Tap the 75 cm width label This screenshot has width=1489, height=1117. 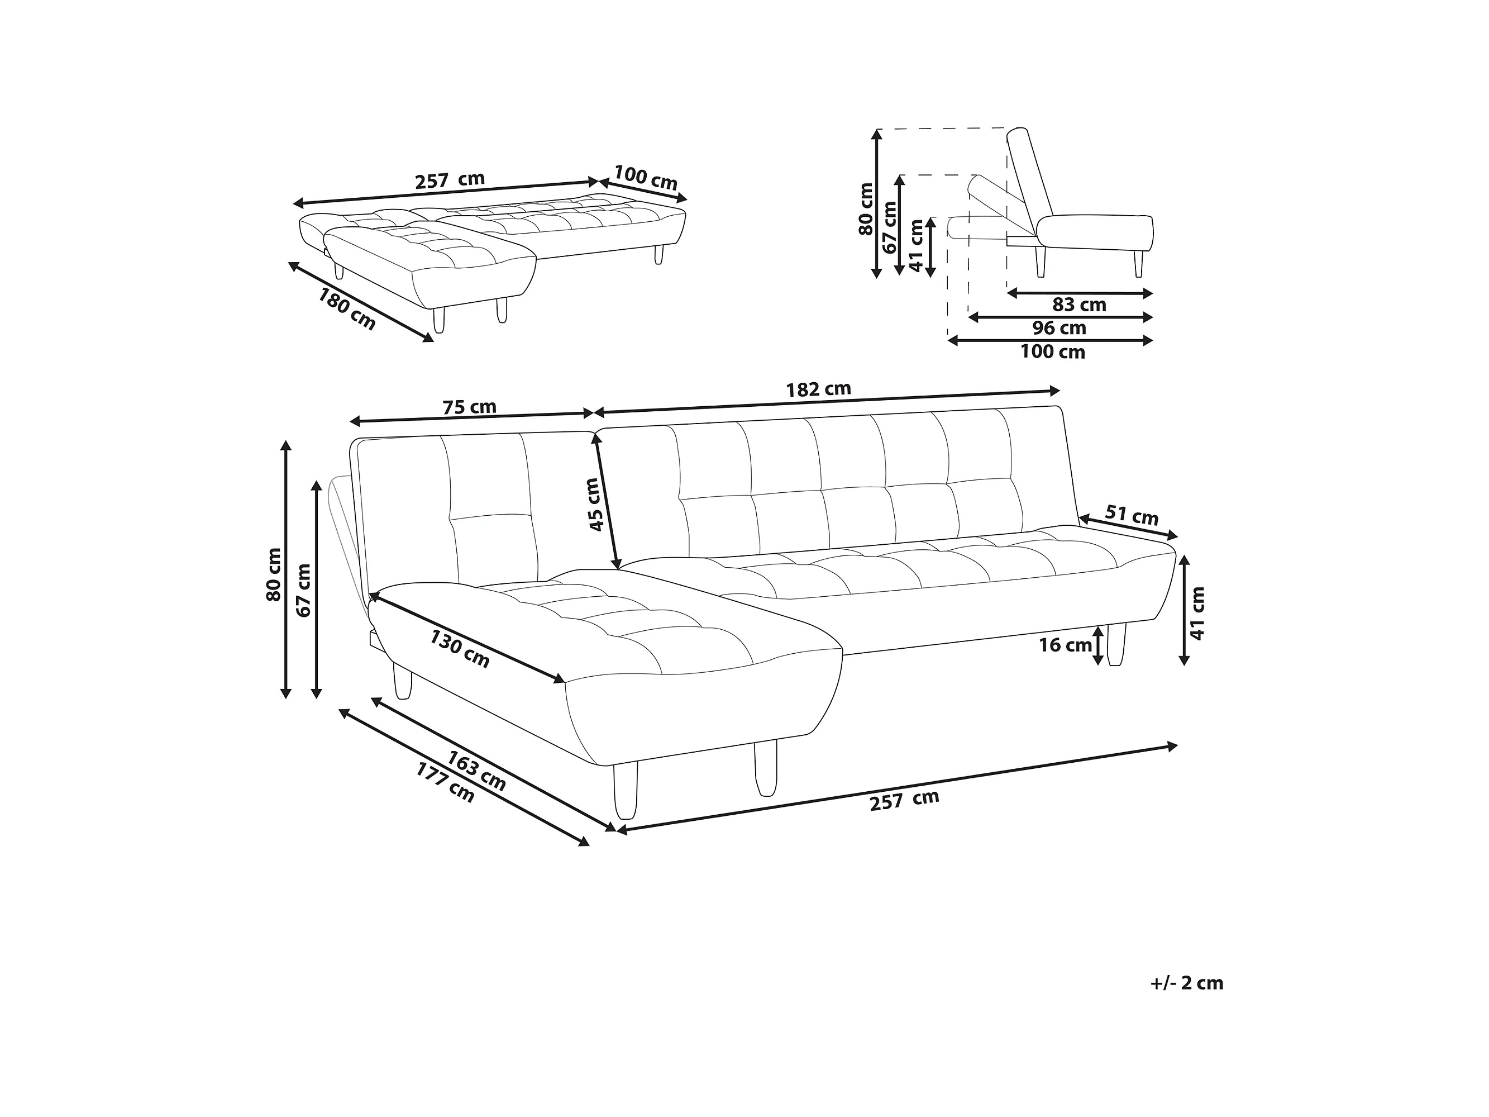[469, 407]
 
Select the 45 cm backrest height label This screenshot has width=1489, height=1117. [593, 505]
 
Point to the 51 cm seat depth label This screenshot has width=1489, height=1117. [1132, 516]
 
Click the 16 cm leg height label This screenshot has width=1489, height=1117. [1065, 645]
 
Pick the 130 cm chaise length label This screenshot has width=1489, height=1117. [460, 649]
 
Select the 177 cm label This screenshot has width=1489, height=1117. [445, 782]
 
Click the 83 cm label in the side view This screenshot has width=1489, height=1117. [1079, 305]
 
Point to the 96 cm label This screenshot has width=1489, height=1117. [1060, 329]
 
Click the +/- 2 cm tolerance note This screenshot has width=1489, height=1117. [1187, 983]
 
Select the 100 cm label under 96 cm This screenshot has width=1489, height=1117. [1052, 352]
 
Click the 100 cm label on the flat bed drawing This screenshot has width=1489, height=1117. [645, 177]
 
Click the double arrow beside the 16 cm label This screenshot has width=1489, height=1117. [1098, 645]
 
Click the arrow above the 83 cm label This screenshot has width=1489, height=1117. [1080, 293]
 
